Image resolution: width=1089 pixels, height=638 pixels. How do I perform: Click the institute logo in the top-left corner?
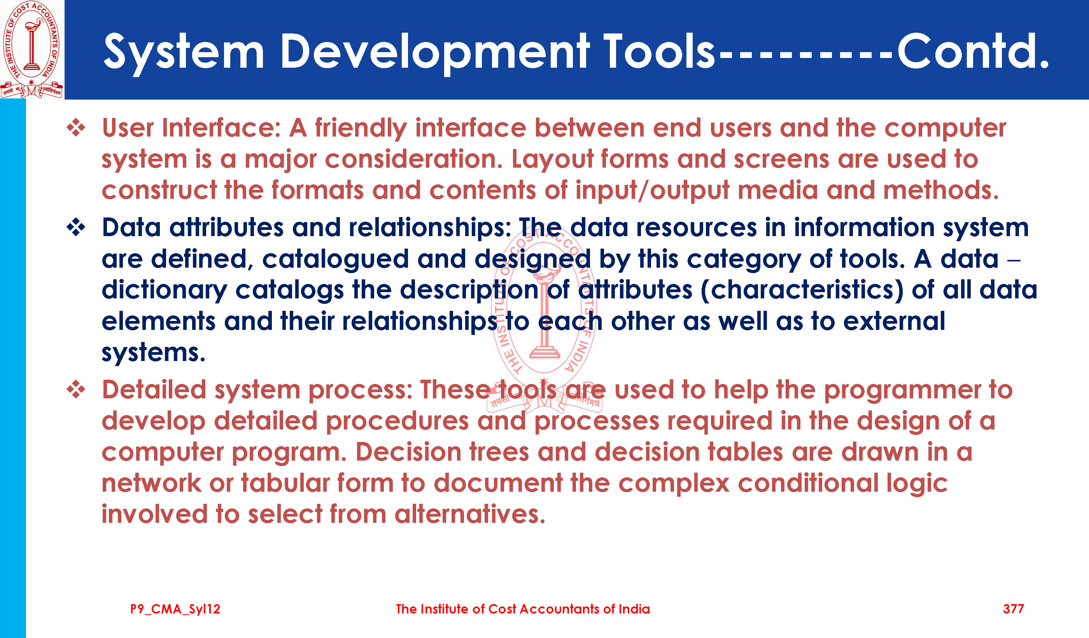[32, 49]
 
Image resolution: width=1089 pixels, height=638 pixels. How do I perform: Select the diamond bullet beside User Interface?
[76, 128]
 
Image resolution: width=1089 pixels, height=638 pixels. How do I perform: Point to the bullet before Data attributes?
[76, 227]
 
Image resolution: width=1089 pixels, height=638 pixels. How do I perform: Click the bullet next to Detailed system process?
[76, 389]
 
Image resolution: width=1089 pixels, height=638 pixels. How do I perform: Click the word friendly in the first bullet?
[361, 129]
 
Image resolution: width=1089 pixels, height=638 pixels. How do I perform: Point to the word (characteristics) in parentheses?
[802, 290]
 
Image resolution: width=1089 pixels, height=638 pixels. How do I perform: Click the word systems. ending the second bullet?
[153, 353]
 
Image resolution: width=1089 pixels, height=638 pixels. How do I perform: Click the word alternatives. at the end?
[470, 514]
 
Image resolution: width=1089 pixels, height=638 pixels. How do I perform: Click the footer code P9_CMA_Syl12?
[175, 610]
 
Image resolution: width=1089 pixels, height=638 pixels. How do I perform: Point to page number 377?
[1014, 609]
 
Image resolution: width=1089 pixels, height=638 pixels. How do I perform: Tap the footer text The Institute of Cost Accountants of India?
[523, 609]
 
